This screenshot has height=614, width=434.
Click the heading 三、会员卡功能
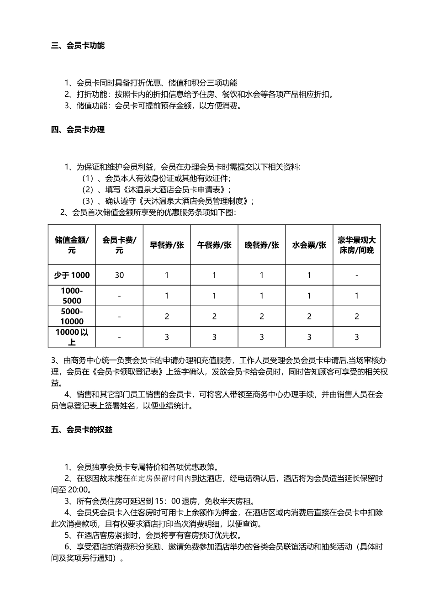click(x=78, y=45)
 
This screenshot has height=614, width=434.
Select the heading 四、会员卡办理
click(x=78, y=130)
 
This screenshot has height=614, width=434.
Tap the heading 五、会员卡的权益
click(x=81, y=429)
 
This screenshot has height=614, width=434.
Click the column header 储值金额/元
click(x=72, y=245)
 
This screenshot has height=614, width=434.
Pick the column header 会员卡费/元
click(x=119, y=245)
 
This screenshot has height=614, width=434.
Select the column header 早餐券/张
click(x=167, y=245)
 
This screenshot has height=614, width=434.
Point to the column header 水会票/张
click(x=309, y=245)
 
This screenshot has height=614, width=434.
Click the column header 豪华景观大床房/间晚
click(x=357, y=245)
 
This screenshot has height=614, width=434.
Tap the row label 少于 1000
click(x=72, y=275)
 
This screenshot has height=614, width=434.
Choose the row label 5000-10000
click(x=72, y=316)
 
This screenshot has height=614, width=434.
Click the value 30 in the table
click(x=119, y=275)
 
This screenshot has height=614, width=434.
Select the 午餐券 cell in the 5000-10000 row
click(x=214, y=316)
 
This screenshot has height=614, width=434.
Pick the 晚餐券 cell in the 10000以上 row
click(x=262, y=337)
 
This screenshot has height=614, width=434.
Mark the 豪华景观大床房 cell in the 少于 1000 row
click(x=357, y=275)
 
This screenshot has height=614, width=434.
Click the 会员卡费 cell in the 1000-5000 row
click(x=119, y=296)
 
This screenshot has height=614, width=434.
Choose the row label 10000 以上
click(x=72, y=337)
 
